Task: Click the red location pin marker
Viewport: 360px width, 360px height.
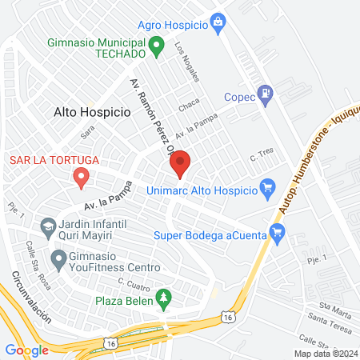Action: coord(180,163)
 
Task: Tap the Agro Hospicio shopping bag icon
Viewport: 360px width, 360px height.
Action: coord(218,24)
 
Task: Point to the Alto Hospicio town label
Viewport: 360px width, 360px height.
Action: coord(92,113)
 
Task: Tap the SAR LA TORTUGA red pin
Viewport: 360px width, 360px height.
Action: coord(80,176)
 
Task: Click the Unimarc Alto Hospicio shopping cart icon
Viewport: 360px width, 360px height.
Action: coord(269,190)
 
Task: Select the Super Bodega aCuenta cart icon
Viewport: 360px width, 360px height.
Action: coord(278,233)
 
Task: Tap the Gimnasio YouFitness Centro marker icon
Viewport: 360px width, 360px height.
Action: coord(58,258)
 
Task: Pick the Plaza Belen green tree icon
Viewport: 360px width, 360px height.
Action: coord(164,299)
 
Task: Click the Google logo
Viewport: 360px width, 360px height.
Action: coord(26,350)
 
